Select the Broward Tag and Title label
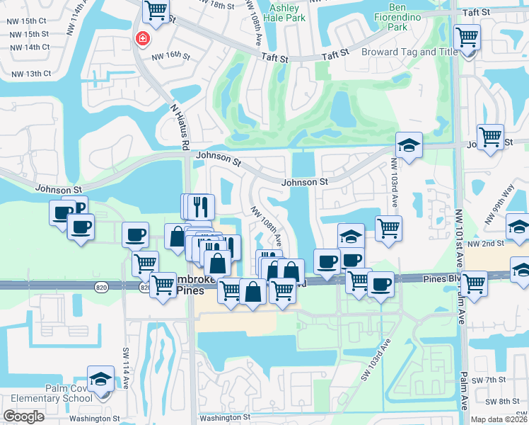409,52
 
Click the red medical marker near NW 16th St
142,38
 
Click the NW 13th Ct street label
28,74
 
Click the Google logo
23,416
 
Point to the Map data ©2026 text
499,419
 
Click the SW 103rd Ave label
376,360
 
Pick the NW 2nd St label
488,243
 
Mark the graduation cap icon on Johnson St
409,146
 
